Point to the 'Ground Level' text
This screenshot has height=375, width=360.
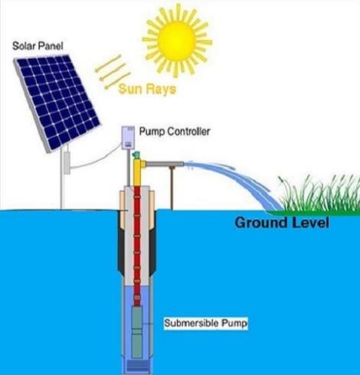click(x=281, y=224)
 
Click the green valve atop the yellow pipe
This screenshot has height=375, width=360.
click(x=138, y=161)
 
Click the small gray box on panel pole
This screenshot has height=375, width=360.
click(x=67, y=162)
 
